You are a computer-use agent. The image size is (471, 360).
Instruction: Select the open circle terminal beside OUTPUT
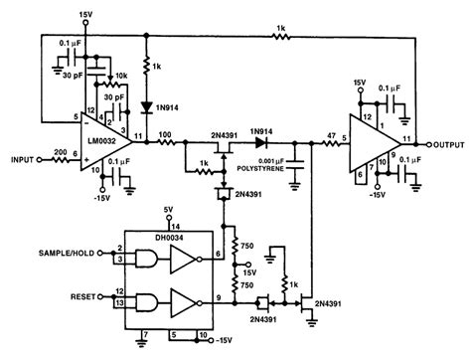tap(417, 142)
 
